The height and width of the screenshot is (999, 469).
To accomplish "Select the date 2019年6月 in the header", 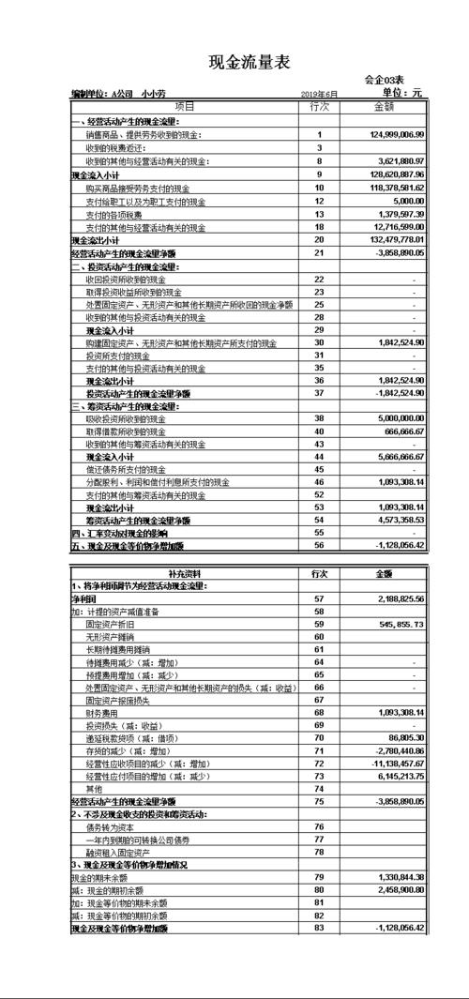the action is pyautogui.click(x=320, y=95).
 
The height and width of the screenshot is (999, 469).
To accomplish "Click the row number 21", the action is pyautogui.click(x=319, y=253).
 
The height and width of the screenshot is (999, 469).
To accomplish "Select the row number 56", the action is pyautogui.click(x=319, y=545).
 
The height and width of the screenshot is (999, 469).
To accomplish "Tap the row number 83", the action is pyautogui.click(x=319, y=928).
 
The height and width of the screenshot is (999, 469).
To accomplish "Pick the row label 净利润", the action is pyautogui.click(x=84, y=598).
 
